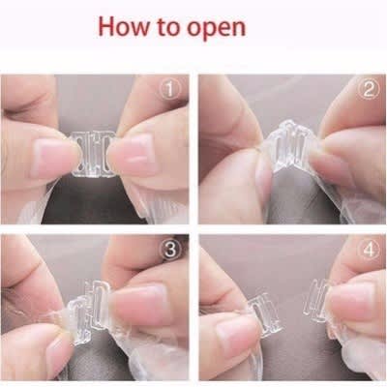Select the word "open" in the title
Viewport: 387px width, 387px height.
217,29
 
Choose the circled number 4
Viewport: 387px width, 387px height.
370,251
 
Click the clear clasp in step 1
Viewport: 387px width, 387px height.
93,154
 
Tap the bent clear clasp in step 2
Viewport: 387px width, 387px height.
287,146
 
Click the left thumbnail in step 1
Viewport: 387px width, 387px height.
51,157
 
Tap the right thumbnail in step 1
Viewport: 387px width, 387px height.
137,153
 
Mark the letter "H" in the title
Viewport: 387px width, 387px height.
107,26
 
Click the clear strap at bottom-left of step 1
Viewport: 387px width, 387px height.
36,206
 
